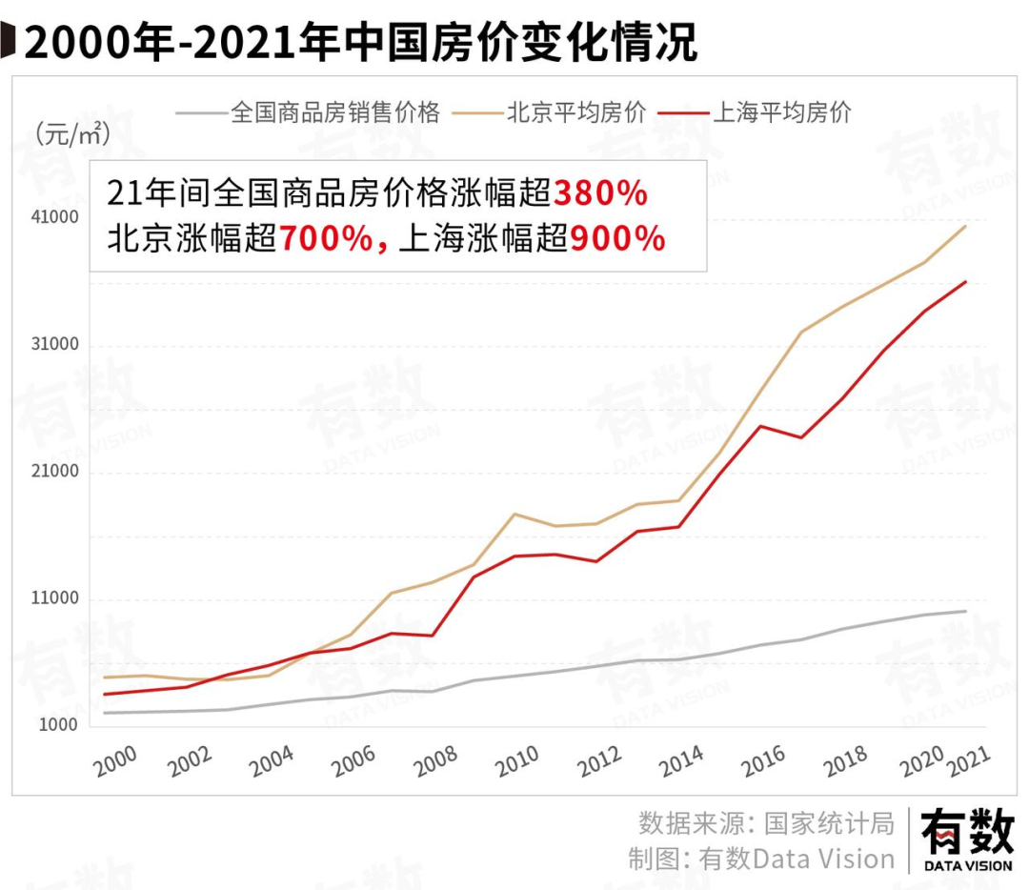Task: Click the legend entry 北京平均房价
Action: [576, 112]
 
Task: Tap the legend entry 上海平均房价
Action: [781, 112]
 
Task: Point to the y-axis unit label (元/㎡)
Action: [72, 133]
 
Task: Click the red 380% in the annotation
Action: [600, 193]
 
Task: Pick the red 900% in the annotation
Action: [617, 238]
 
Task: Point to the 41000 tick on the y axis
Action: [57, 217]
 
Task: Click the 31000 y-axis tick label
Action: [57, 345]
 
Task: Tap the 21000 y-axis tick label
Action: [57, 473]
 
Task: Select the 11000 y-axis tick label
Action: [57, 599]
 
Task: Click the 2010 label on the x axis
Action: [518, 760]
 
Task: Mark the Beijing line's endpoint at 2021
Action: [966, 226]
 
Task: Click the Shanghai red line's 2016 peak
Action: [759, 426]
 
